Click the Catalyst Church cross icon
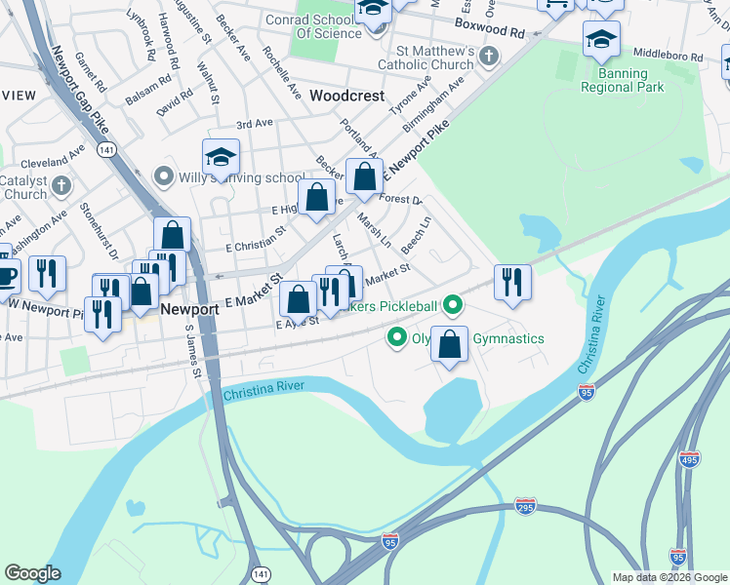pyautogui.click(x=61, y=184)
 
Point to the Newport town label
pyautogui.click(x=189, y=309)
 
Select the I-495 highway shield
pyautogui.click(x=690, y=459)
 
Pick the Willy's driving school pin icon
pyautogui.click(x=164, y=177)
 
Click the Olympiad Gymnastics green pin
pyautogui.click(x=397, y=338)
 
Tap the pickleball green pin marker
pyautogui.click(x=452, y=306)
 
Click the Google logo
pyautogui.click(x=32, y=573)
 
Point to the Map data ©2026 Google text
pyautogui.click(x=669, y=577)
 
